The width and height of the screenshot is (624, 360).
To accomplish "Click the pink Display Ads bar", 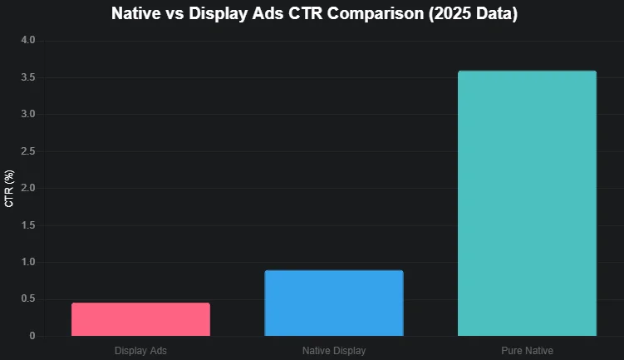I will click(x=140, y=319).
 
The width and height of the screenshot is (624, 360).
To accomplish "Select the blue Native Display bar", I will click(x=334, y=303).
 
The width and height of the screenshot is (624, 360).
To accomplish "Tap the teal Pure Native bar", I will click(x=527, y=204).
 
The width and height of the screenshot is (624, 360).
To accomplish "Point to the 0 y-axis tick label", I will click(x=32, y=336).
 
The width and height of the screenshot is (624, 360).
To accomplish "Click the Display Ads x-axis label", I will click(x=140, y=351).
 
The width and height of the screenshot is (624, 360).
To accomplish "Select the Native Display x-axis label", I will click(x=334, y=351).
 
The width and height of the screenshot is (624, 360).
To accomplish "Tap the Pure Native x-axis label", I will click(x=527, y=351).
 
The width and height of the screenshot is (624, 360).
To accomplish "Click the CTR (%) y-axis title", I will click(x=10, y=188).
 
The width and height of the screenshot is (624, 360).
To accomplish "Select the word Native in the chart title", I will click(x=137, y=14).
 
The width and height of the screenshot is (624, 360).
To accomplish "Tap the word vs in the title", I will click(x=179, y=14).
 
